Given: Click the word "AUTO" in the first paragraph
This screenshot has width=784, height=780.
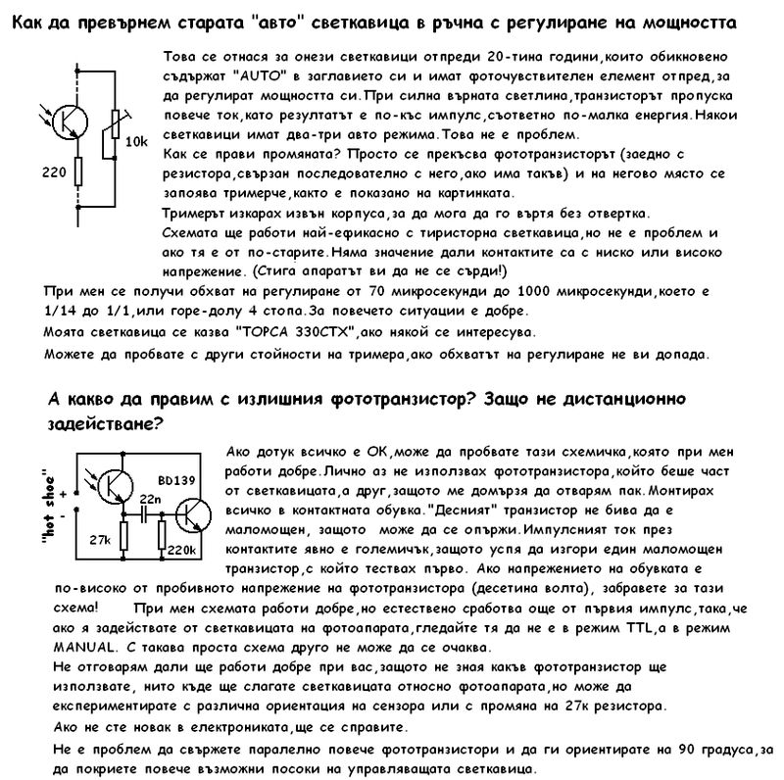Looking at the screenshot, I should click(x=258, y=73).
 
